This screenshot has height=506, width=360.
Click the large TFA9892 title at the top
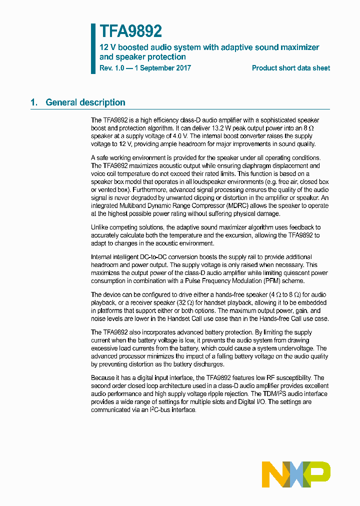130,31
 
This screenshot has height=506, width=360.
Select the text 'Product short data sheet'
290,68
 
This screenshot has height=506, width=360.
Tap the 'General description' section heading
85,102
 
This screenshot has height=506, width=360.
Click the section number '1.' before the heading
34,102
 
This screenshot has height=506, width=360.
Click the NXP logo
296,474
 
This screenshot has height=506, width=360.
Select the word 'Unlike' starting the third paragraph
100,227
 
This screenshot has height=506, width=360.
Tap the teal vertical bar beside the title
93,48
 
